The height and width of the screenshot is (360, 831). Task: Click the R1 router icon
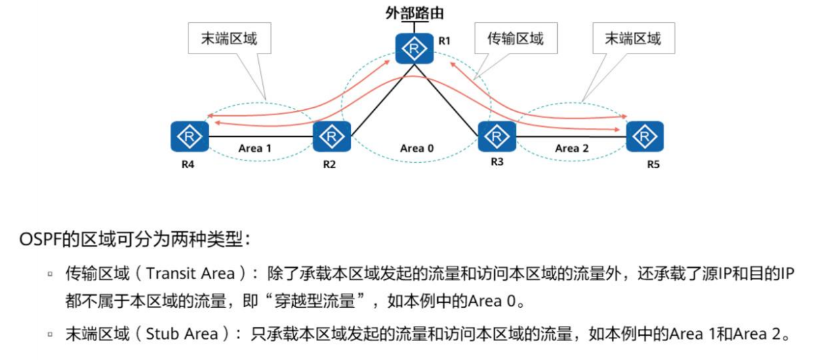pos(414,49)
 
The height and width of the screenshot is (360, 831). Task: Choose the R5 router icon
pos(645,138)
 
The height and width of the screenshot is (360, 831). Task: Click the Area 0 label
pos(416,148)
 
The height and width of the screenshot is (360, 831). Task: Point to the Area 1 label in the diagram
pos(255,148)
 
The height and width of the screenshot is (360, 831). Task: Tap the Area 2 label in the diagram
pos(571,148)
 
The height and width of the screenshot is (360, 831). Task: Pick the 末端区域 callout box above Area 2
pos(633,39)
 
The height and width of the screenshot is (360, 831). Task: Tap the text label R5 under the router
pos(653,164)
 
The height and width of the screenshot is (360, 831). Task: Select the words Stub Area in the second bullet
pos(183,334)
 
